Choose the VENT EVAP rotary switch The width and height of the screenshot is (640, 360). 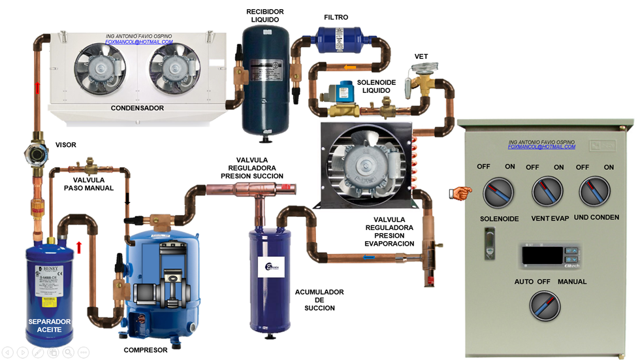(547, 192)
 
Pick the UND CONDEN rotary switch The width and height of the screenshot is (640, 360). (595, 192)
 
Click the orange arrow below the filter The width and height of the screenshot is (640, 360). (350, 68)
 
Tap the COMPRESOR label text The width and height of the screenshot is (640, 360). (146, 350)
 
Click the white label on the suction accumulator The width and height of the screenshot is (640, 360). (272, 268)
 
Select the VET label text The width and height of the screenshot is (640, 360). (421, 56)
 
